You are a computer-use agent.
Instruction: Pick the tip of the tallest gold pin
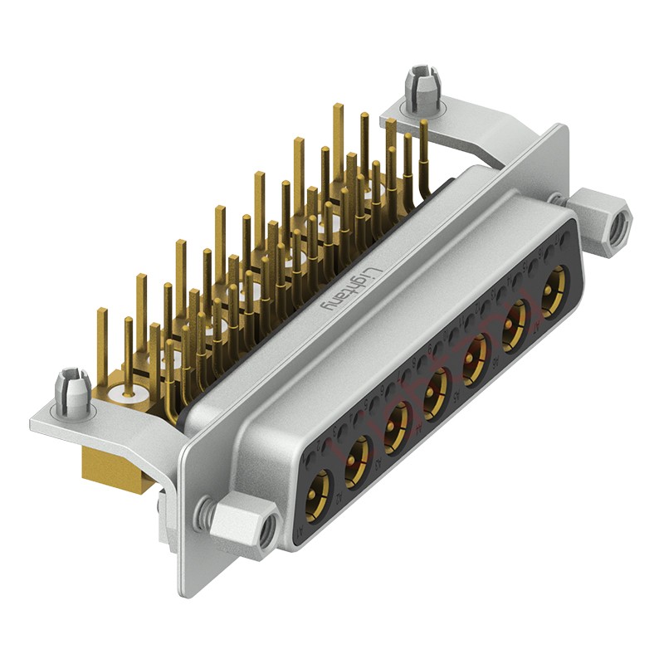[x=337, y=107]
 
